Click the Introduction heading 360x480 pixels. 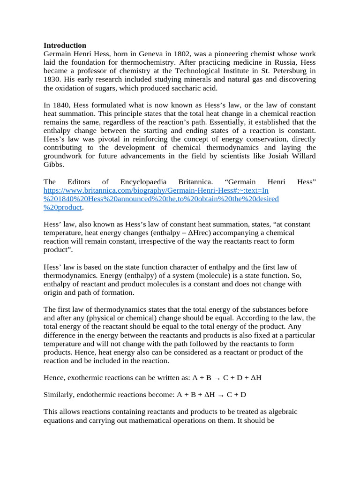coord(65,45)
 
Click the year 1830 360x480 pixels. coord(52,79)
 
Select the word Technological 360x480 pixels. coord(185,71)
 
